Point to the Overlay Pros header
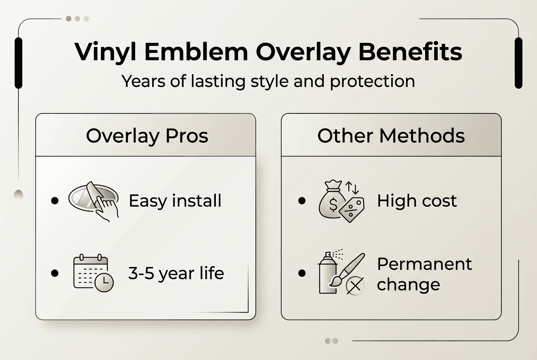pos(147,136)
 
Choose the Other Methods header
pos(391,136)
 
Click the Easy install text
pos(175,201)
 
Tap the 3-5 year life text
pos(176,273)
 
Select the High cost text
pos(417,201)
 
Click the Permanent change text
pos(424,274)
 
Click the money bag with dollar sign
pos(331,202)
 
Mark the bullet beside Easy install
pos(54,201)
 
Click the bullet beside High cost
pos(302,201)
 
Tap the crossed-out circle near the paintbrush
pos(355,287)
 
